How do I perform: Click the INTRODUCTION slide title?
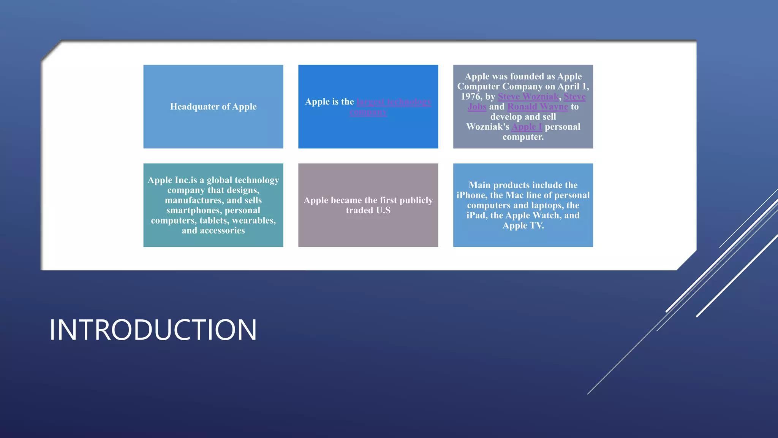[153, 330]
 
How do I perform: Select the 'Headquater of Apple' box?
[213, 107]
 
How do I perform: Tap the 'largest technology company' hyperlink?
[394, 102]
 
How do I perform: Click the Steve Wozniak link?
[528, 97]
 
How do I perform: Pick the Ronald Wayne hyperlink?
[538, 107]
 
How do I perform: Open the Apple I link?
[527, 127]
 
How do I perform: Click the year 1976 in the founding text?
[471, 97]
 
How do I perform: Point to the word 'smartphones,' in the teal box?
[194, 210]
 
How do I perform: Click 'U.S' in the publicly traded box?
[383, 210]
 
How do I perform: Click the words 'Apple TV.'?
[523, 225]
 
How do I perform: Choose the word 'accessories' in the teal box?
[222, 230]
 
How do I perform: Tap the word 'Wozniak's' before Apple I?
[487, 127]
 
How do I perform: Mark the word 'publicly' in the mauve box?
[416, 200]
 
